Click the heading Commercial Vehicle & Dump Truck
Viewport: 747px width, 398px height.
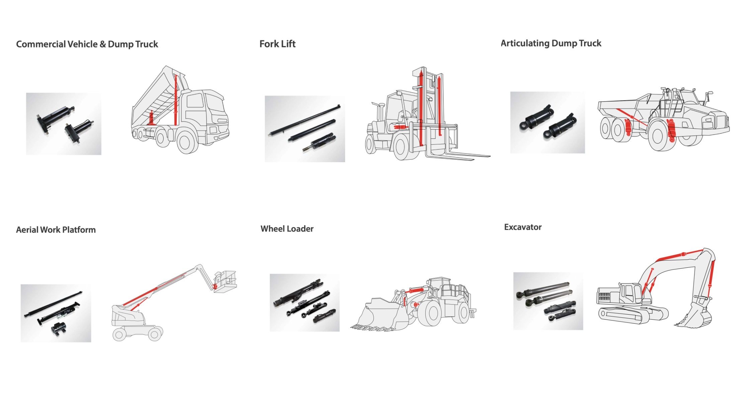87,44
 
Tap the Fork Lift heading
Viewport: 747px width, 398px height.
277,44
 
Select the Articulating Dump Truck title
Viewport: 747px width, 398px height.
551,43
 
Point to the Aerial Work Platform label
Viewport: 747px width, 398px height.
56,230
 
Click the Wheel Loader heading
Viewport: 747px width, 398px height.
287,229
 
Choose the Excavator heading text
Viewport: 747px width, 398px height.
523,227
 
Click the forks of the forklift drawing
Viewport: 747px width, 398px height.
459,156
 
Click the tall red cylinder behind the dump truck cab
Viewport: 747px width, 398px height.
176,101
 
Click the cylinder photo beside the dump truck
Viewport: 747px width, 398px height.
64,124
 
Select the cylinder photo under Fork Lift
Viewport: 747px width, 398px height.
305,129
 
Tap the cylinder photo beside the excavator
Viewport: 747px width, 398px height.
548,301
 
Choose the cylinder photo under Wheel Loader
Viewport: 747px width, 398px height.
305,303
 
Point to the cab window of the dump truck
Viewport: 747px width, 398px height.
194,101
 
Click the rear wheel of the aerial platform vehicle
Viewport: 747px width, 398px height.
119,334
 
